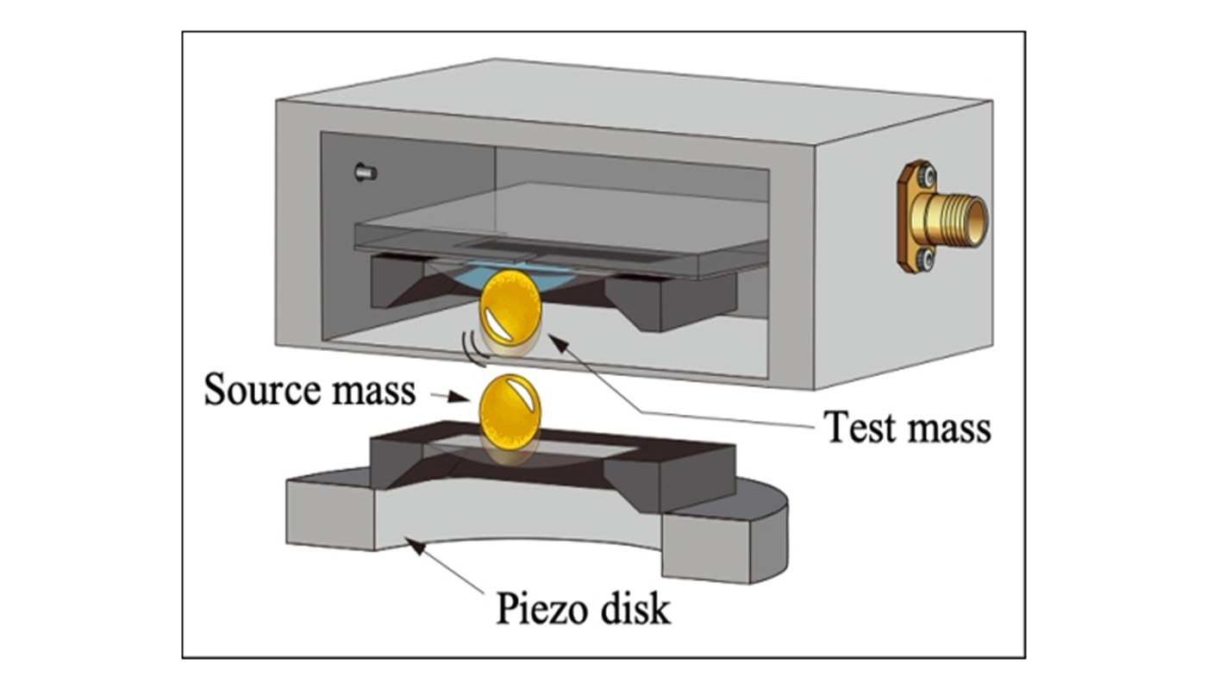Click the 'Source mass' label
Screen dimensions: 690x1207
click(x=309, y=390)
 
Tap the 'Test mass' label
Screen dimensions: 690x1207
click(x=907, y=427)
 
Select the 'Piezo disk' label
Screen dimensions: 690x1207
click(x=583, y=609)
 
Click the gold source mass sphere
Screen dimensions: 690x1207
click(x=510, y=413)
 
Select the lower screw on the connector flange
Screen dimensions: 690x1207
click(x=925, y=256)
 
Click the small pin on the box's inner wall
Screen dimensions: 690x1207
click(x=366, y=172)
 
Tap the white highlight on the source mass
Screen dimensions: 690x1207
click(x=523, y=394)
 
